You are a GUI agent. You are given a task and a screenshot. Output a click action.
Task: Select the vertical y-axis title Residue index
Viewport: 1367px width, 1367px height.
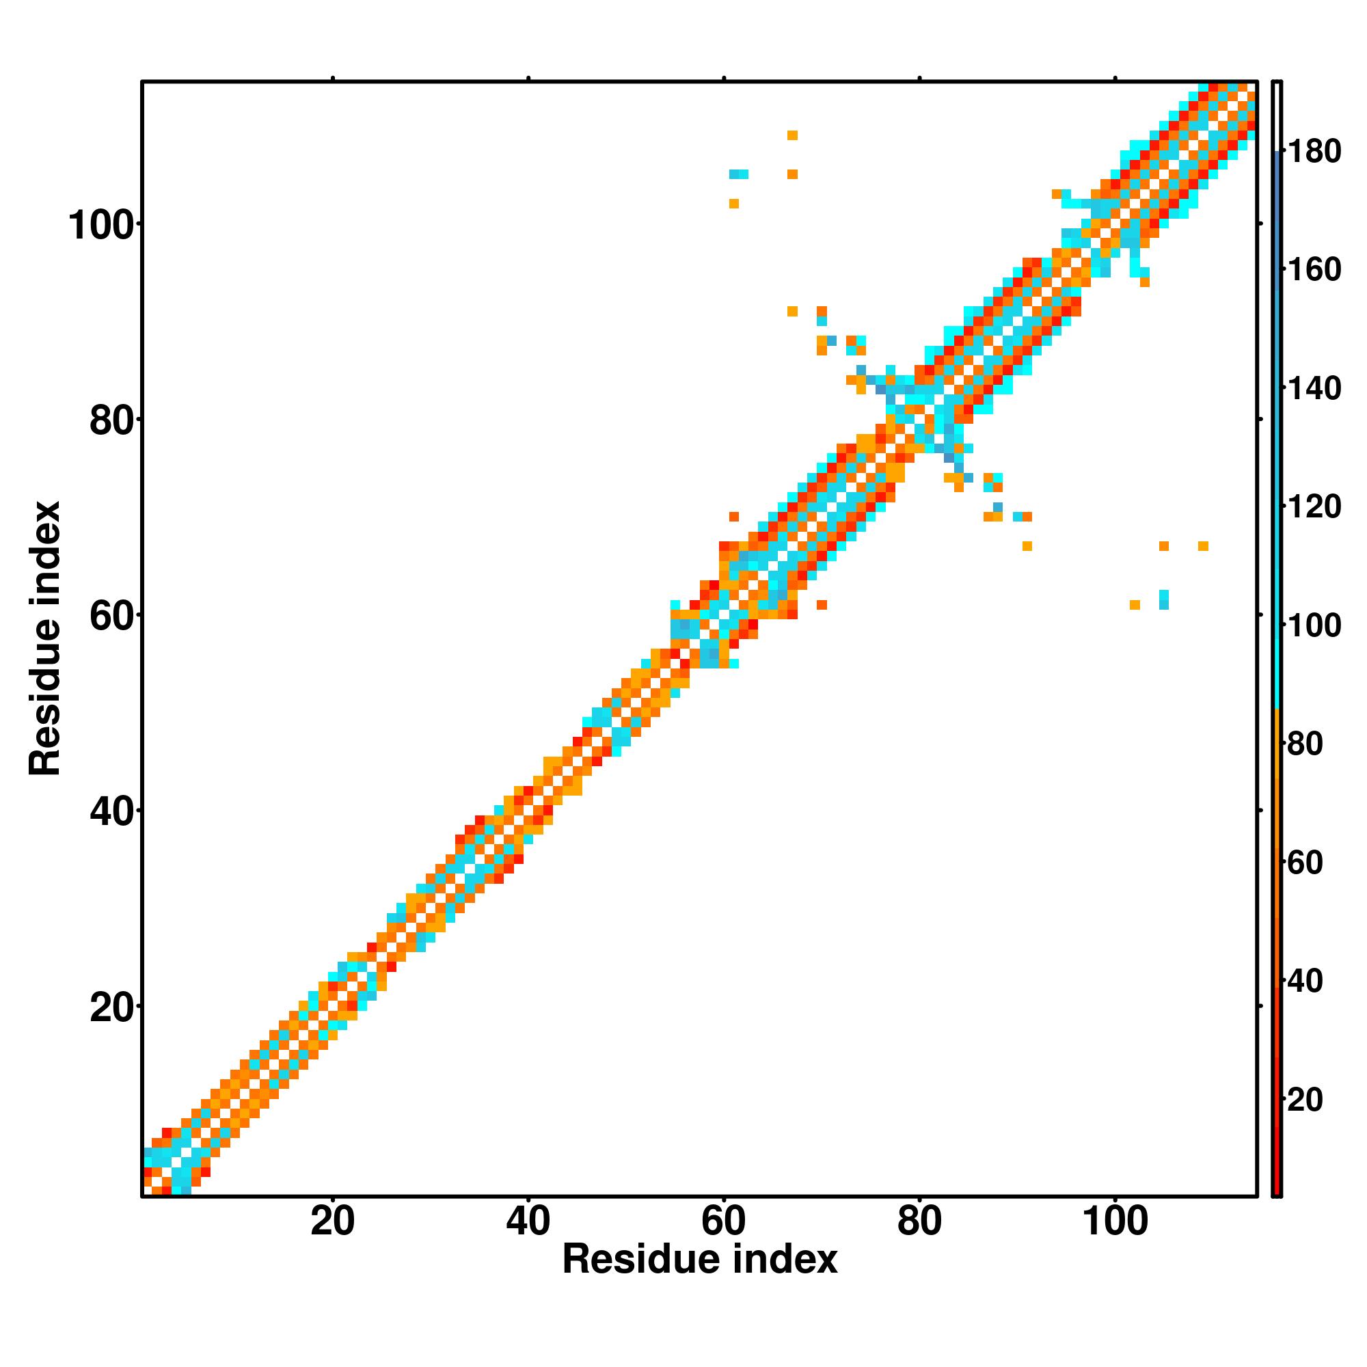pyautogui.click(x=45, y=638)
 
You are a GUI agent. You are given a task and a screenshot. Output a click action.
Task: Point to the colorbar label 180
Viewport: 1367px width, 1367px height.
pyautogui.click(x=1314, y=152)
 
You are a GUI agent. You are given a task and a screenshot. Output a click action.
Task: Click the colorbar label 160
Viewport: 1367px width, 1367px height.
pyautogui.click(x=1314, y=269)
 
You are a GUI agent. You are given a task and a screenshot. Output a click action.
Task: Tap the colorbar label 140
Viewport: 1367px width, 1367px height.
pyautogui.click(x=1314, y=388)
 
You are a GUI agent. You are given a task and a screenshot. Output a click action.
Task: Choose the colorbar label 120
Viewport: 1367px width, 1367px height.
pyautogui.click(x=1314, y=507)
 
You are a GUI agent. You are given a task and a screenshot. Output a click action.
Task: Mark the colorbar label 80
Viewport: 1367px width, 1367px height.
pyautogui.click(x=1305, y=744)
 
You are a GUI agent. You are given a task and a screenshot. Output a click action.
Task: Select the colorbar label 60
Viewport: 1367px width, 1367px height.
pyautogui.click(x=1305, y=863)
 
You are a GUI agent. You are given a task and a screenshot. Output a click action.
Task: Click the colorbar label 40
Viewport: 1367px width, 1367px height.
pyautogui.click(x=1305, y=982)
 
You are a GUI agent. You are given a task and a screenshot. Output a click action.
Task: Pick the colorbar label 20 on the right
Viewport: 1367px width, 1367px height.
pyautogui.click(x=1305, y=1100)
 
